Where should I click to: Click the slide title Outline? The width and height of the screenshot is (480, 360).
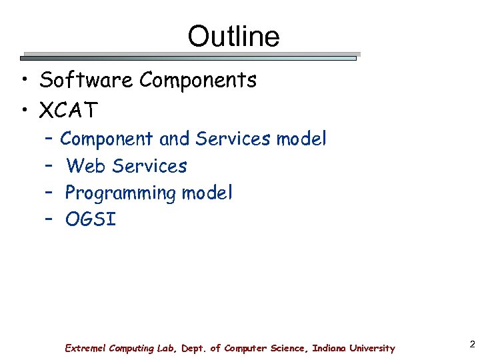click(233, 36)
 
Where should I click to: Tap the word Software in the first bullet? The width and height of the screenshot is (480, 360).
click(86, 81)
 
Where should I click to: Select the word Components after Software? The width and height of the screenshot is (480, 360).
click(198, 81)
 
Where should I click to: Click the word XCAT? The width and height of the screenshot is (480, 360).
click(69, 109)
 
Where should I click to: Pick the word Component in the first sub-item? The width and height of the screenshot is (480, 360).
click(107, 139)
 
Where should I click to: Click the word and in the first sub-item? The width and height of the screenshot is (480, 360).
click(175, 139)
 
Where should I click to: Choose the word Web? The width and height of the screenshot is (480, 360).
click(87, 166)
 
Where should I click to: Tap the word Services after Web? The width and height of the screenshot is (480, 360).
click(150, 166)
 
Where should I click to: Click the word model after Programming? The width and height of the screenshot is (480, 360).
click(207, 193)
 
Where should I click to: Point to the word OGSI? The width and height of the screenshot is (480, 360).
click(91, 220)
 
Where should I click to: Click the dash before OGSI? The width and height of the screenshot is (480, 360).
click(49, 219)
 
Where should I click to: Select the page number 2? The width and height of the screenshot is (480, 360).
click(472, 345)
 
